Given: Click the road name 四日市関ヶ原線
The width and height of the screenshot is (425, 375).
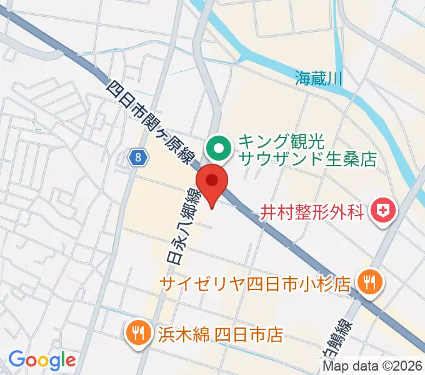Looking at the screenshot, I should tap(149, 121).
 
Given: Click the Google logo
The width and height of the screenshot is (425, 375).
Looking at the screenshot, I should tap(42, 360).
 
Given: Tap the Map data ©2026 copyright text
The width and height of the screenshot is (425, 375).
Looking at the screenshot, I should tap(372, 367).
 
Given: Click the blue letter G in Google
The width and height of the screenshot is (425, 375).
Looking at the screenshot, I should tap(16, 359).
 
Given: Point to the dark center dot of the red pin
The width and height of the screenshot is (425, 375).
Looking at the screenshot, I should tap(212, 181).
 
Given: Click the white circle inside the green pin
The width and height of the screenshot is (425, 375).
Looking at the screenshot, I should tap(219, 148).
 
